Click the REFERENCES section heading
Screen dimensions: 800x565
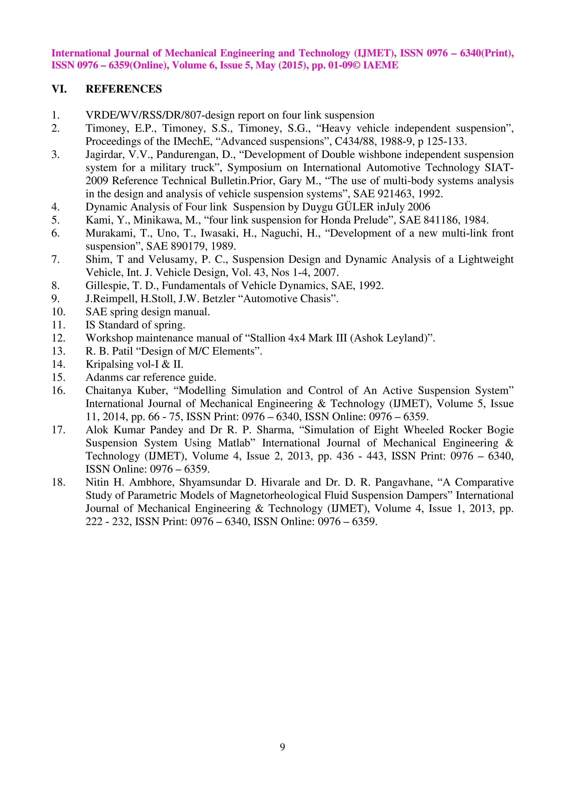pyautogui.click(x=124, y=89)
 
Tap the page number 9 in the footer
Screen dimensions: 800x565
pyautogui.click(x=282, y=746)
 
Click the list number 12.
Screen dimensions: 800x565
pyautogui.click(x=58, y=338)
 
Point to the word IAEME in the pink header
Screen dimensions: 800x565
pyautogui.click(x=380, y=65)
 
